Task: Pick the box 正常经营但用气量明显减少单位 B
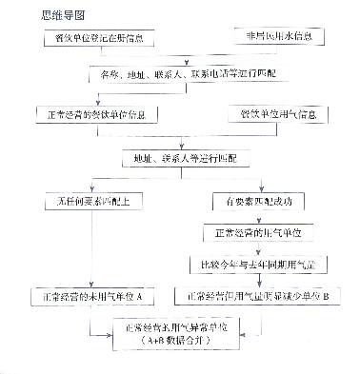[x=260, y=296]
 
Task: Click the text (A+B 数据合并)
[x=179, y=340]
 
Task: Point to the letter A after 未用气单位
[x=139, y=296]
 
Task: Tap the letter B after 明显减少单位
[x=327, y=296]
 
